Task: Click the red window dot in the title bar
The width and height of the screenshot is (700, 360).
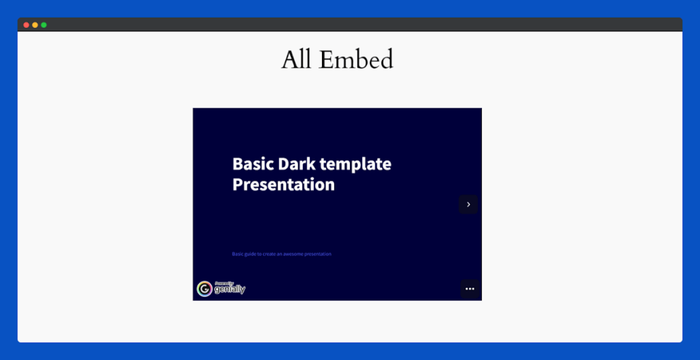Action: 26,25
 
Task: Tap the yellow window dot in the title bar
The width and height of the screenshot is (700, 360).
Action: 35,25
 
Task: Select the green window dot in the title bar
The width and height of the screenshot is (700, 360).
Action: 44,25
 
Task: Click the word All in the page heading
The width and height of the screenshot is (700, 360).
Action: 297,60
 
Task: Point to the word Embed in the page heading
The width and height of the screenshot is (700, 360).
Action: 356,60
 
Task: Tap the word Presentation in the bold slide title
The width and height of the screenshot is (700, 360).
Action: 283,184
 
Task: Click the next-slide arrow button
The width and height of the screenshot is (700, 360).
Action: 468,204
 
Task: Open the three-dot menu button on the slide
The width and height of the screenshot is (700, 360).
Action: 470,289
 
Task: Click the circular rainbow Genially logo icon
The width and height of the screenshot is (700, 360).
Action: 204,289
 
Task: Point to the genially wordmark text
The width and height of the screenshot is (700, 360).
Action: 230,290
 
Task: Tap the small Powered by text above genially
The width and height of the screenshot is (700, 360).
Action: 224,283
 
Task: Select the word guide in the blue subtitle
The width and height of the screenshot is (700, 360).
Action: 250,254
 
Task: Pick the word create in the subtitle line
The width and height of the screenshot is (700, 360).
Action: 269,254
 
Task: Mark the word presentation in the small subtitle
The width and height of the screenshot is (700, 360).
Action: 320,254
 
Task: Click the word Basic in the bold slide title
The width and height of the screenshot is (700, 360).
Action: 252,164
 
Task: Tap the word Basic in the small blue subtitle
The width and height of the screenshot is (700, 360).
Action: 237,254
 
